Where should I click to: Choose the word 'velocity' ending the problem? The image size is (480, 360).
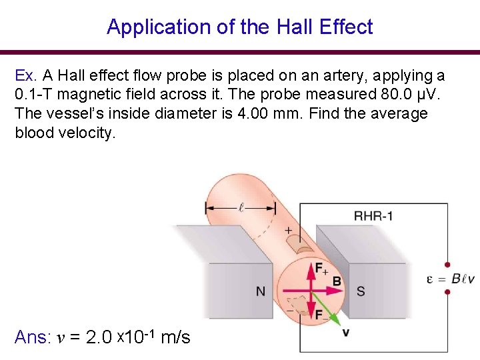click(x=87, y=133)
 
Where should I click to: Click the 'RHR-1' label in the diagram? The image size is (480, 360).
click(x=373, y=215)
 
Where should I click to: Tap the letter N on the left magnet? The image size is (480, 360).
click(x=261, y=291)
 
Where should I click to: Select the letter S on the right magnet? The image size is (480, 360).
click(x=361, y=291)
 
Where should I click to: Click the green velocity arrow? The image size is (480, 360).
click(x=327, y=307)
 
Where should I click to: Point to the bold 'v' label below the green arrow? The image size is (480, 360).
click(x=345, y=331)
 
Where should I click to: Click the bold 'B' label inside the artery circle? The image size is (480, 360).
click(x=337, y=281)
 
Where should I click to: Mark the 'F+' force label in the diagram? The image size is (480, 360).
click(x=321, y=269)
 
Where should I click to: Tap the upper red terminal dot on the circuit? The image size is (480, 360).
click(x=447, y=265)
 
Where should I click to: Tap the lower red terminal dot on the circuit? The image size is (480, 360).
click(x=447, y=294)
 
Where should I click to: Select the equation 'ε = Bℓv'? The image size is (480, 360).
click(x=451, y=279)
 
